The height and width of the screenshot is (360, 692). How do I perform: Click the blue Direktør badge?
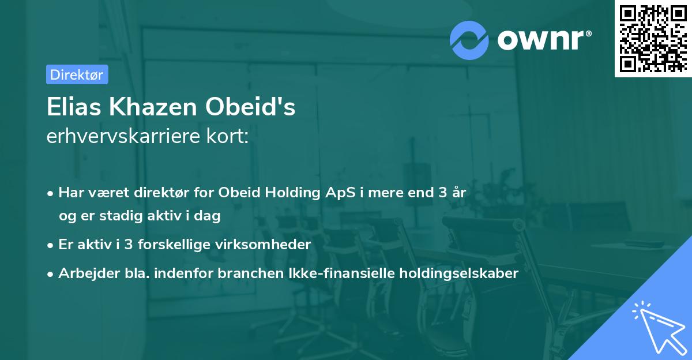point(77,74)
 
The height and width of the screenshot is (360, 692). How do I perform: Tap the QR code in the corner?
point(653,39)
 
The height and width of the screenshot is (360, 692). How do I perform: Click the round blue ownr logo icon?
point(469,40)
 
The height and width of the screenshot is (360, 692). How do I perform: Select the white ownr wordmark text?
point(544,40)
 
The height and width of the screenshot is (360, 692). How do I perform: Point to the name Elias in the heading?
point(74,107)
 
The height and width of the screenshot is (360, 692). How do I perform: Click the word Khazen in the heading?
point(153,107)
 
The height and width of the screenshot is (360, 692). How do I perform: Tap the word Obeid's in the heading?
point(250,107)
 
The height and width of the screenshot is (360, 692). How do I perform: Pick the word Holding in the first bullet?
point(292,193)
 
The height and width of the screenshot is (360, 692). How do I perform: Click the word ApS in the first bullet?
point(340,193)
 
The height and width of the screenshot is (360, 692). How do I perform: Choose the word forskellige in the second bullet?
point(174,245)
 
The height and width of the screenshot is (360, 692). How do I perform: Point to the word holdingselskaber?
point(459,273)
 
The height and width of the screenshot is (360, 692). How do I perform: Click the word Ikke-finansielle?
point(341,273)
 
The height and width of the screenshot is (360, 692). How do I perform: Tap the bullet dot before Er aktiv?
point(50,246)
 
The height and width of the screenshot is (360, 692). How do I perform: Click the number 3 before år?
point(443,193)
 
